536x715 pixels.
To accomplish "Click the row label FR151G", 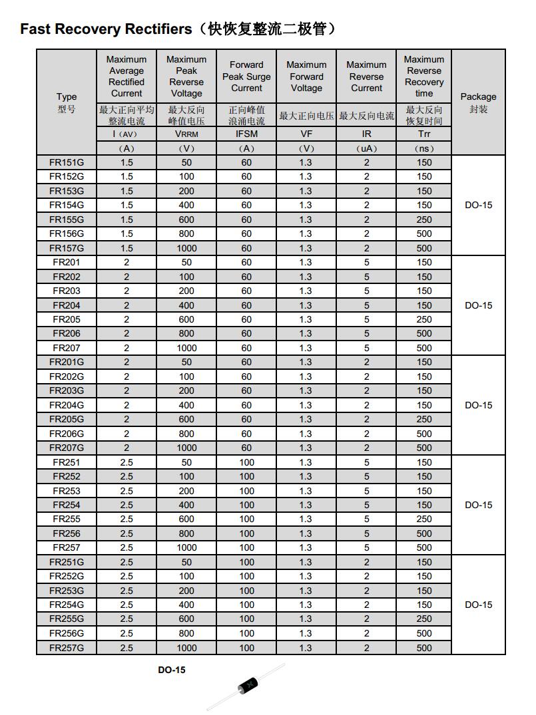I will (x=67, y=162).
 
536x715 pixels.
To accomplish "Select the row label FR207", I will (x=67, y=348).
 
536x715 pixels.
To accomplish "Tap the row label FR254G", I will (x=67, y=605).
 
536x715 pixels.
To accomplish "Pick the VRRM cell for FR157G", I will (x=186, y=248).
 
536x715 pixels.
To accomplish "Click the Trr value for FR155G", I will (x=424, y=219).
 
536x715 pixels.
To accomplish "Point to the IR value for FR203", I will (x=366, y=291).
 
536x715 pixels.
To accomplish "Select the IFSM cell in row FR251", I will (x=246, y=462).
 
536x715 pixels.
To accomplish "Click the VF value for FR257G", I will (x=306, y=648).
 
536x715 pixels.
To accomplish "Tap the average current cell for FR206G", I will (x=127, y=434).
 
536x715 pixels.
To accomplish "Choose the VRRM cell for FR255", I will (x=186, y=519).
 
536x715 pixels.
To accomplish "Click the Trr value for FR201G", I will (x=424, y=362).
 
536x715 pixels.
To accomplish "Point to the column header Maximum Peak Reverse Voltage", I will (x=186, y=76).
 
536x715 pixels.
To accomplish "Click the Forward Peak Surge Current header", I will (x=246, y=76).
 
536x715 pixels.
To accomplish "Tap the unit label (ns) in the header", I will (x=424, y=148).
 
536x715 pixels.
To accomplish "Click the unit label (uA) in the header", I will (x=366, y=148).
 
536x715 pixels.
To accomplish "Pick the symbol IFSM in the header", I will (x=246, y=134).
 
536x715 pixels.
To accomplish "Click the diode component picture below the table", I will (x=246, y=686).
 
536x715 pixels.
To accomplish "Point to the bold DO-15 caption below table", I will (x=171, y=670).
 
